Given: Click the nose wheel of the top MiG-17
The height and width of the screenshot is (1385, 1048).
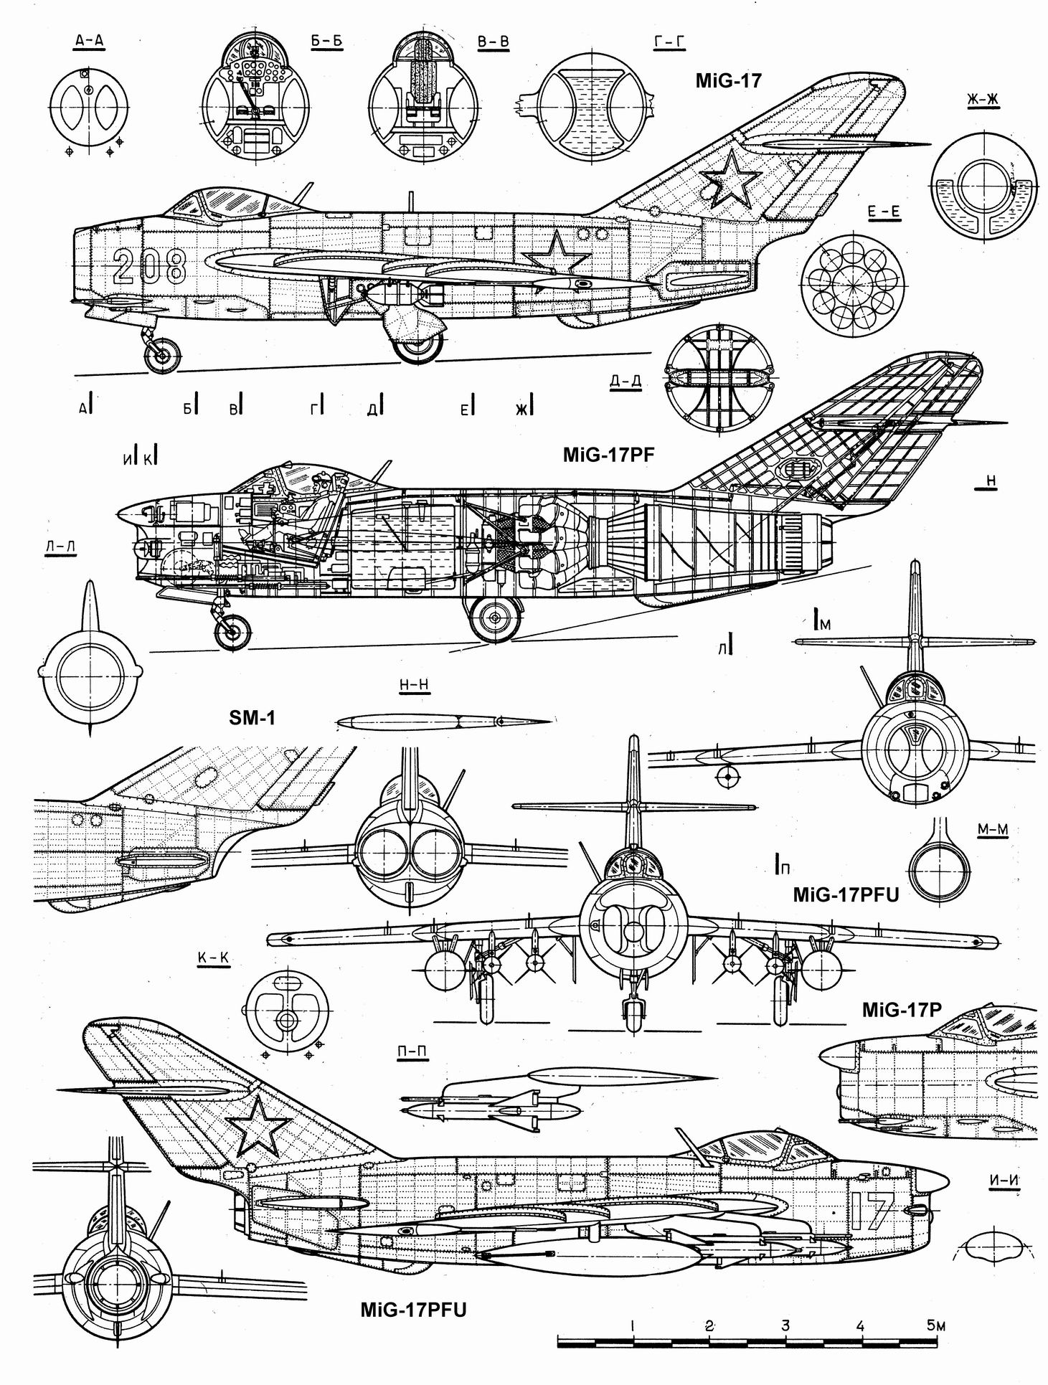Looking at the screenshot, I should [x=162, y=355].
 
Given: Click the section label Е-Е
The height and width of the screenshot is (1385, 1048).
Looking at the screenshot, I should [x=884, y=211].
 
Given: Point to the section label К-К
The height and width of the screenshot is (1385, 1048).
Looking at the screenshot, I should [x=212, y=958].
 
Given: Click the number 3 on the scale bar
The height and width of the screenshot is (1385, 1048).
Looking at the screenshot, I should [x=785, y=1325].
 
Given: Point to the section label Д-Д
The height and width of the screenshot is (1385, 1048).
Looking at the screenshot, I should [x=626, y=381].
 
